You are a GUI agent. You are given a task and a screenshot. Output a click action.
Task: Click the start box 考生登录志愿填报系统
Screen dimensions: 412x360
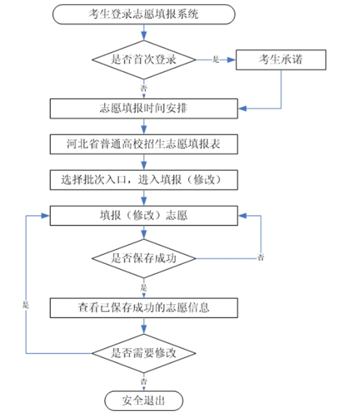point(143,14)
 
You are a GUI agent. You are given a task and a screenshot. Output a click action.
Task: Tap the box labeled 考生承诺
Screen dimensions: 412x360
point(281,59)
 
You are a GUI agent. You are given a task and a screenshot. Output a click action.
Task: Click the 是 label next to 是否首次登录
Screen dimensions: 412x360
point(216,60)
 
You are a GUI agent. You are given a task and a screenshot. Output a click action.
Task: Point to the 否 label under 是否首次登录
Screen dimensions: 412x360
point(143,88)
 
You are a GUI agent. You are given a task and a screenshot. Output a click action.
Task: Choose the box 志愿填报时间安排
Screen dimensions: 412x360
point(143,109)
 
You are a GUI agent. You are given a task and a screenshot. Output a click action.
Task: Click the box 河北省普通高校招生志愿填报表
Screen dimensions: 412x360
point(143,144)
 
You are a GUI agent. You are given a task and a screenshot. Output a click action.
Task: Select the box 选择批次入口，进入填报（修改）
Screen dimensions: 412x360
point(143,179)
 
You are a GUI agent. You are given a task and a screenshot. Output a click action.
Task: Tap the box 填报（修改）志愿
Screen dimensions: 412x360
point(143,215)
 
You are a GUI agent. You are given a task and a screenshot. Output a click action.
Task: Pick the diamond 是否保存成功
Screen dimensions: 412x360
point(143,258)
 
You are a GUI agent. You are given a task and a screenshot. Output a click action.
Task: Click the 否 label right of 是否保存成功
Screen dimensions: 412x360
point(261,258)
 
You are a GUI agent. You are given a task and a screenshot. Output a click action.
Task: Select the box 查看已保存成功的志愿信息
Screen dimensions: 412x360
point(143,307)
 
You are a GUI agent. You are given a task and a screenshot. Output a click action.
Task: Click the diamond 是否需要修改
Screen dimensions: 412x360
point(143,353)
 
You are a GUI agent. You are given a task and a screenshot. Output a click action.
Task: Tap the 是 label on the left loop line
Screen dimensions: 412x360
point(26,305)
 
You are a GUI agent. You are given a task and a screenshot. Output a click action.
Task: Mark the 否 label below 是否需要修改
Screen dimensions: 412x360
point(143,381)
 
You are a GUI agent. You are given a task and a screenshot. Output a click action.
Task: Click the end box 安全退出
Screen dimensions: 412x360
point(143,400)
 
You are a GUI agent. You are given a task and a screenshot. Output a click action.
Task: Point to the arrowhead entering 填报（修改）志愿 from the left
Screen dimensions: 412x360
point(45,215)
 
